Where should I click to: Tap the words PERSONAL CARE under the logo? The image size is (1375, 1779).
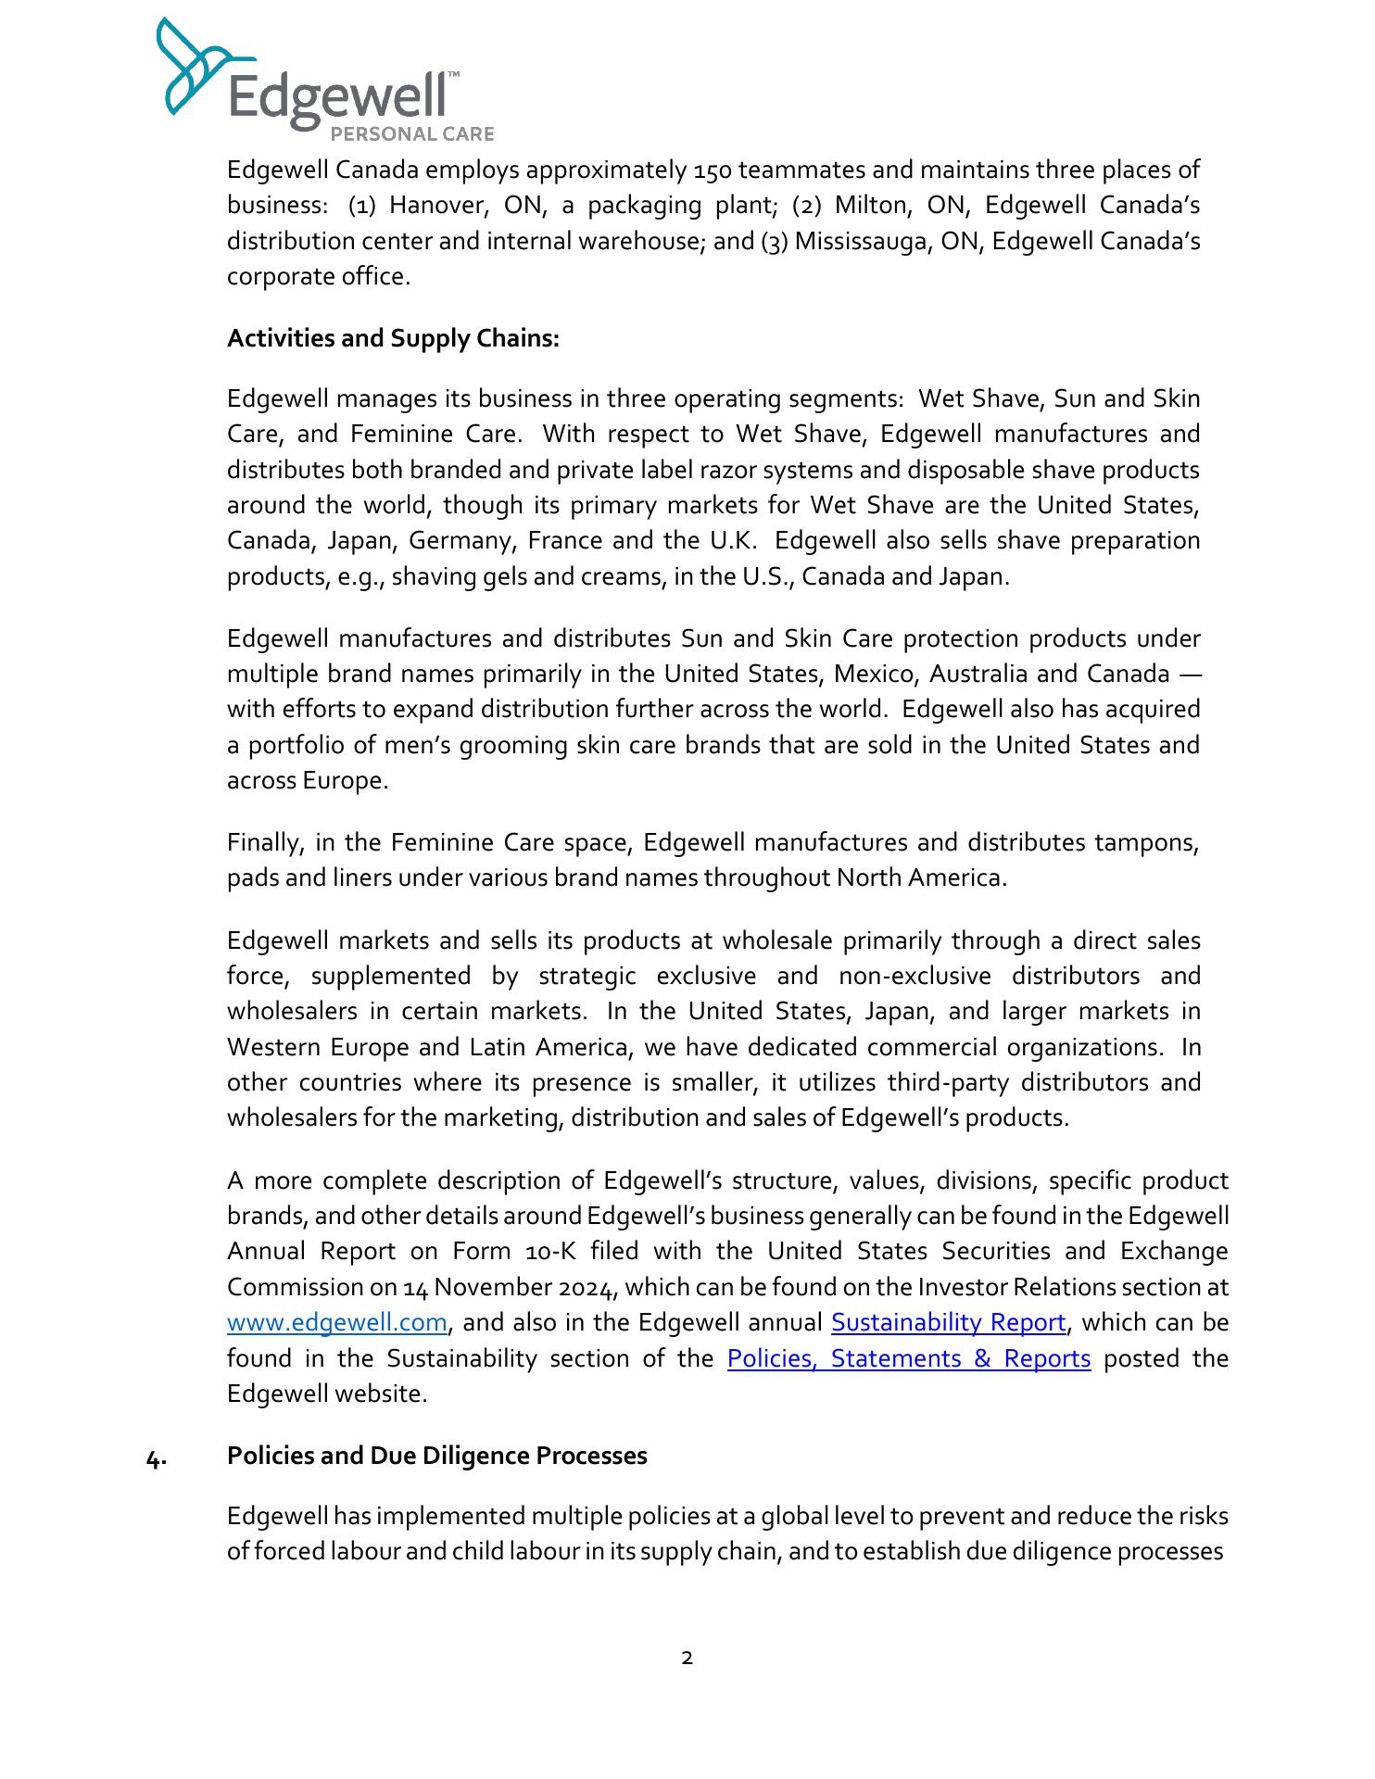click(412, 134)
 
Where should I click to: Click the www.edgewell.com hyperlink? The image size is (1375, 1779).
click(337, 1322)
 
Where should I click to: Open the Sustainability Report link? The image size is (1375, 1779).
click(948, 1322)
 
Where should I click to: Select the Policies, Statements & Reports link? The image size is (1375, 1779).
click(909, 1358)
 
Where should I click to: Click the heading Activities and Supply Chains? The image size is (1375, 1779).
click(393, 338)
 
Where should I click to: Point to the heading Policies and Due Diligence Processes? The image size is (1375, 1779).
click(436, 1456)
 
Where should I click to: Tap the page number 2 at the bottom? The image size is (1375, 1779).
click(687, 1658)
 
